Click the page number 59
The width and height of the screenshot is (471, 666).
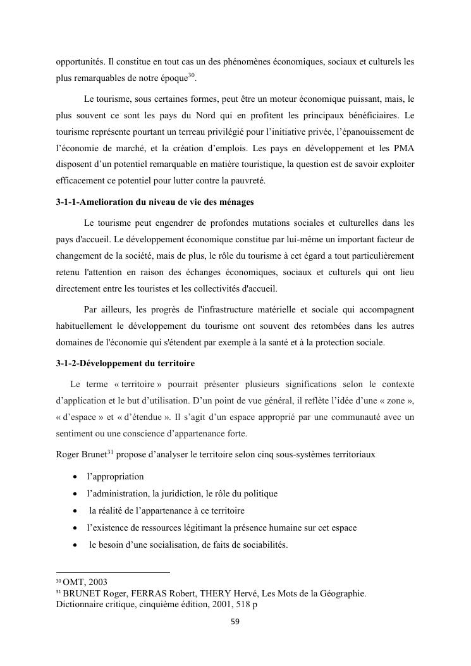coord(235,622)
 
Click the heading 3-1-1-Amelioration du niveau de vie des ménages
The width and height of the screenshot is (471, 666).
coord(155,202)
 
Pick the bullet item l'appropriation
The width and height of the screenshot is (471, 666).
coord(116,476)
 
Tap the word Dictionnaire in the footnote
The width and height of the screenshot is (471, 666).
coord(78,603)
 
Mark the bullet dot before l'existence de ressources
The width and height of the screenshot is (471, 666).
coord(75,527)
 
